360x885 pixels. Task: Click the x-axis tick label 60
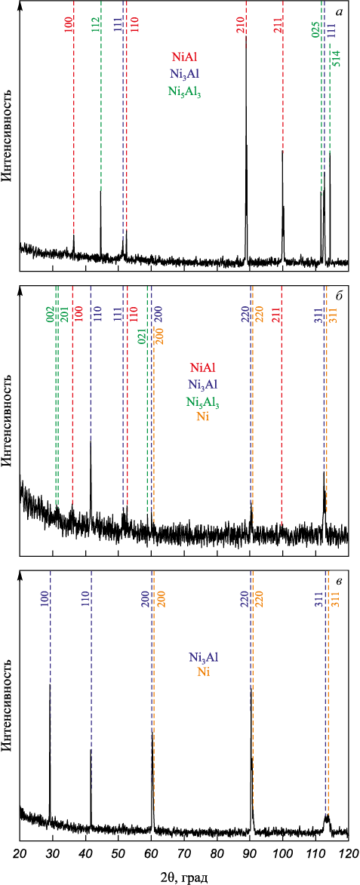click(x=151, y=847)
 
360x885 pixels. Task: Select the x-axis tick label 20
click(x=20, y=847)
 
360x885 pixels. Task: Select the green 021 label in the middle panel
click(x=142, y=337)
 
